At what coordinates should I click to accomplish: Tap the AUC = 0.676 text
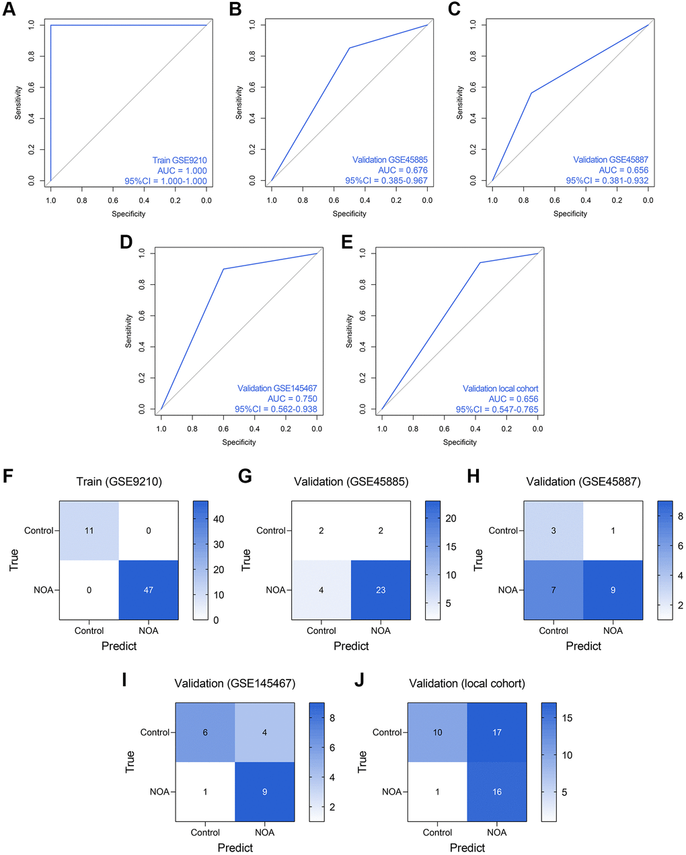point(402,170)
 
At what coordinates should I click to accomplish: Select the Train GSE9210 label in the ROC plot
point(180,160)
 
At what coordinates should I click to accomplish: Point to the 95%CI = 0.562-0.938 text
point(276,409)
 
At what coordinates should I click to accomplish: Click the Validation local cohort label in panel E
point(500,389)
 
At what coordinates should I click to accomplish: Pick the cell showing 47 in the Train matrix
point(149,589)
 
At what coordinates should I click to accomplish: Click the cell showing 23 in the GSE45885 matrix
point(381,589)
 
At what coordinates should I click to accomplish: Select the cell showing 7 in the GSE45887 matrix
point(554,589)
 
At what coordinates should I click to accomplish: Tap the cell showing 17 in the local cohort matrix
point(497,732)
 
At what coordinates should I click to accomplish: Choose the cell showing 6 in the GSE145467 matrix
point(205,732)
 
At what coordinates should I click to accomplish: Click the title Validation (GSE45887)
point(583,481)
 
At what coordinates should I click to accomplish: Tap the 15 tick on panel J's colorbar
point(567,718)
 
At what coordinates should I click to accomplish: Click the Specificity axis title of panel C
point(570,214)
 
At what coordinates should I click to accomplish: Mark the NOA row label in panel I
point(160,791)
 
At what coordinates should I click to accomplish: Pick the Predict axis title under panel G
point(351,646)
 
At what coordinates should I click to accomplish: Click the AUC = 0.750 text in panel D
point(292,399)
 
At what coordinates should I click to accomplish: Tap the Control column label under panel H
point(554,630)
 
